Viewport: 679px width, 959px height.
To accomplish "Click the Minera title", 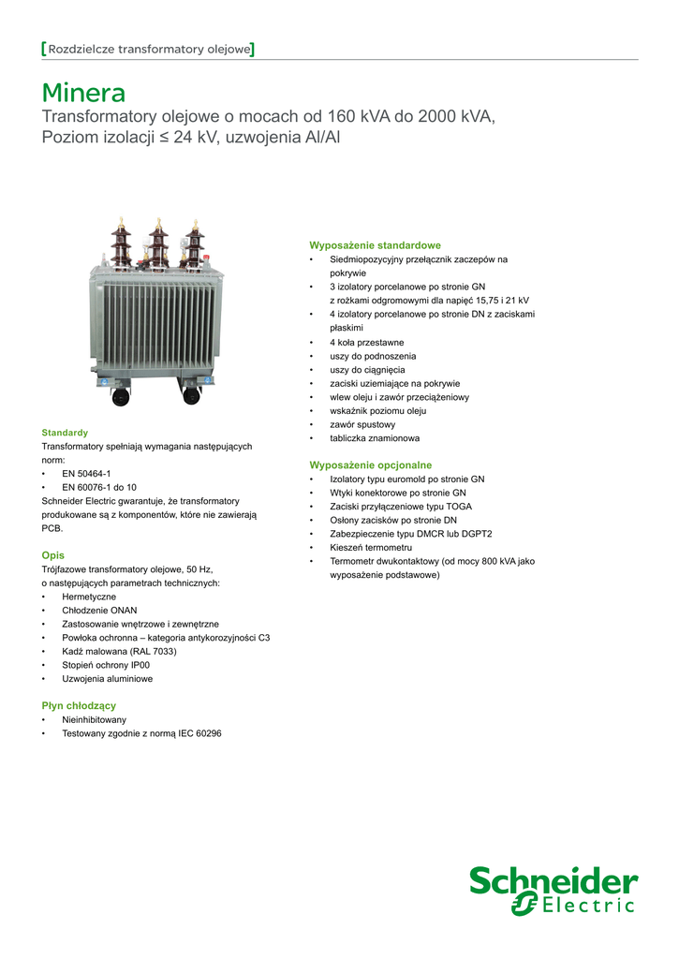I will pyautogui.click(x=83, y=94).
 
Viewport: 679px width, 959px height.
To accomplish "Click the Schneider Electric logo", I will pyautogui.click(x=554, y=891).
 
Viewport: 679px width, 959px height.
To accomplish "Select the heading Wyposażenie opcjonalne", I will pyautogui.click(x=370, y=465).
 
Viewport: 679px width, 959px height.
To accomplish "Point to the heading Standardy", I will pyautogui.click(x=65, y=433).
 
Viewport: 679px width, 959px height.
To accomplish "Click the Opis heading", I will pyautogui.click(x=53, y=555).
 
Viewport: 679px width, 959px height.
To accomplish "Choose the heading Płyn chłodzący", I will pyautogui.click(x=79, y=705).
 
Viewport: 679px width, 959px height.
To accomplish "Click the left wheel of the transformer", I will pyautogui.click(x=121, y=396).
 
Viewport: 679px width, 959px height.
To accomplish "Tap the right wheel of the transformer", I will pyautogui.click(x=192, y=396).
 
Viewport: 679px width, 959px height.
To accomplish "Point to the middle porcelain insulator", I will pyautogui.click(x=158, y=245).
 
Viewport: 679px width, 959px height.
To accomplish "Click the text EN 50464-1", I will pyautogui.click(x=86, y=474).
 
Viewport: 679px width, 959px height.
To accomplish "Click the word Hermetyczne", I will pyautogui.click(x=89, y=597).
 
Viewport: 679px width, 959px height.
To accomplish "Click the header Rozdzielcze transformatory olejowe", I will pyautogui.click(x=149, y=49).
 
